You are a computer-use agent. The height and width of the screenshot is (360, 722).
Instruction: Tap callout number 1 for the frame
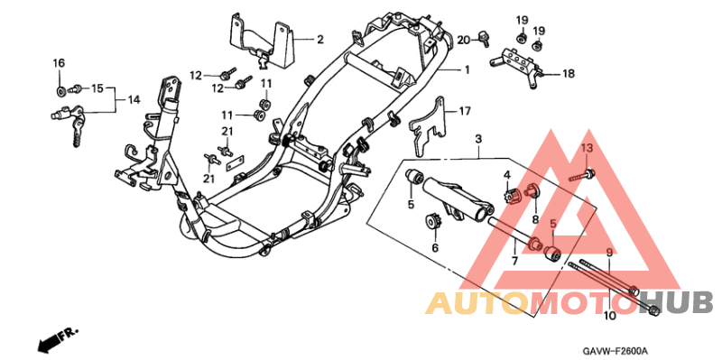coord(467,69)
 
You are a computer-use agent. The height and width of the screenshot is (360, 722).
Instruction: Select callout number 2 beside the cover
coord(319,39)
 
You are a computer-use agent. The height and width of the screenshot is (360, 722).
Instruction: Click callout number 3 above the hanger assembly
coord(478,138)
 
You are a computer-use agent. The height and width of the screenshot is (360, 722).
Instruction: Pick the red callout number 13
coord(585,147)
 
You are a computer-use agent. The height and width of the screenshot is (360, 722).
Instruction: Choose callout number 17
coord(464,112)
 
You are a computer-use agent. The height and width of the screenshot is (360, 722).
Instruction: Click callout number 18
coord(569,75)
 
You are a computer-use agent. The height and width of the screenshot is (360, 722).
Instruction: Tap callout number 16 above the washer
coord(59,62)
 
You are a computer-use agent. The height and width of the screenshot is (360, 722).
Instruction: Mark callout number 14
coord(133,99)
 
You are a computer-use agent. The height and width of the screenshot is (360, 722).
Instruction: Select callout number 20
coord(463,40)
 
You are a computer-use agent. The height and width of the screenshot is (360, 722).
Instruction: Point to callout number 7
coord(514,260)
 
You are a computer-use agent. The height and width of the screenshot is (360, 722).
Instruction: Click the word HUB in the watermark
coord(680,301)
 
